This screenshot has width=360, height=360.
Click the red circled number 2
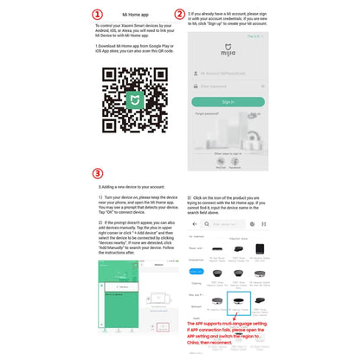(x=179, y=15)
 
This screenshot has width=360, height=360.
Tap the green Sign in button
(x=228, y=101)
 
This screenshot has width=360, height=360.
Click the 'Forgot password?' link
(x=209, y=113)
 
